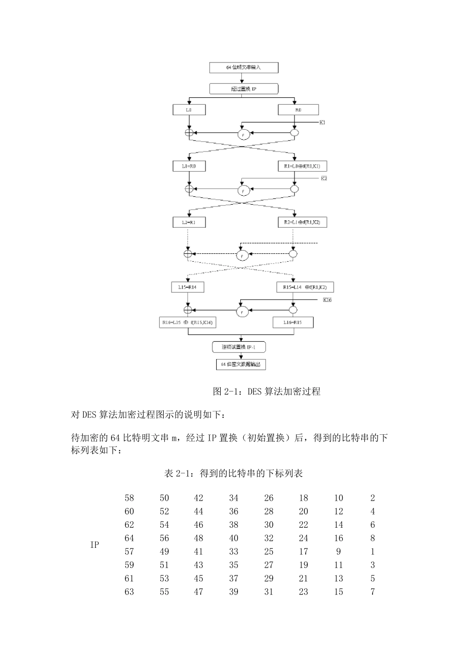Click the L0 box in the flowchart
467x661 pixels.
tap(189, 110)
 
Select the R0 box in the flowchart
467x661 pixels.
tap(298, 110)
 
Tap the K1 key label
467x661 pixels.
tap(322, 122)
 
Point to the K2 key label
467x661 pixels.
tap(324, 178)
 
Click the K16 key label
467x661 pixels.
tap(327, 300)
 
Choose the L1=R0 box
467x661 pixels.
tap(189, 167)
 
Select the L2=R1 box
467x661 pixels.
tap(189, 222)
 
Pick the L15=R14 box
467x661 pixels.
tap(187, 287)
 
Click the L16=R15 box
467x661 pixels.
tap(293, 323)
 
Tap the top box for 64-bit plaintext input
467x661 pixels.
tap(244, 67)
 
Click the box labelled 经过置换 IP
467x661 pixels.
tap(244, 89)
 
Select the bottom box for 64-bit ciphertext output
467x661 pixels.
tap(241, 364)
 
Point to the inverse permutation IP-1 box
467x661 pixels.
tap(241, 347)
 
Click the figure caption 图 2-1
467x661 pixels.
tap(266, 391)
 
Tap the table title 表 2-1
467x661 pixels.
tap(233, 474)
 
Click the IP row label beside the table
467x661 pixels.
tap(95, 545)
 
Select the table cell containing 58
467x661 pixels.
tap(129, 498)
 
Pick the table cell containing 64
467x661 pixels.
tap(129, 539)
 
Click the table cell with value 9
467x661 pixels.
tap(338, 552)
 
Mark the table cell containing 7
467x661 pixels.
tap(373, 592)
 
